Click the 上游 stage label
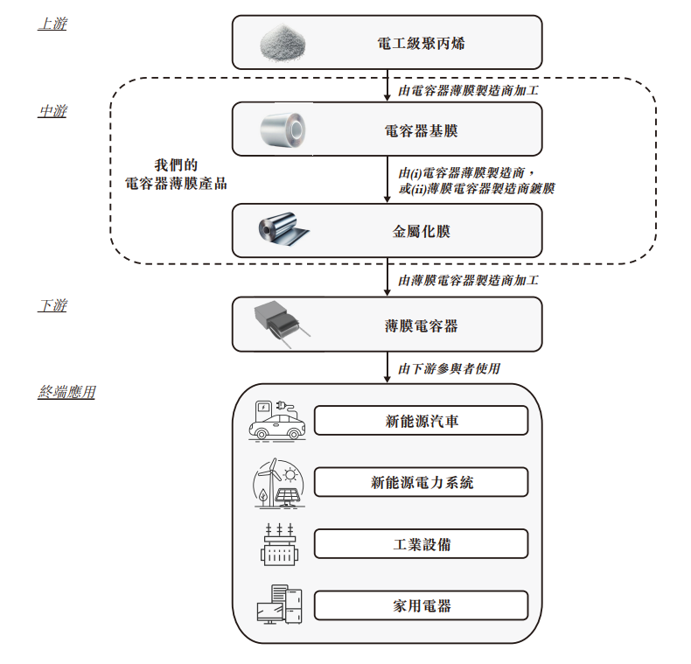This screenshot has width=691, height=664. coord(52,24)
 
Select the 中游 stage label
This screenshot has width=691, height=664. coord(52,111)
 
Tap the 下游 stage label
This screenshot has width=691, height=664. coord(52,305)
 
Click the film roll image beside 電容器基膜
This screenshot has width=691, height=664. coord(284,131)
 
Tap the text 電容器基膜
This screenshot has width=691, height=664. coord(421,131)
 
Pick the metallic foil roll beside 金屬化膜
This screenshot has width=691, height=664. coord(283,230)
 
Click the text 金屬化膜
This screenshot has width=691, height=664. coord(421,232)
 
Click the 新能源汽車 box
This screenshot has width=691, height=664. coord(421,421)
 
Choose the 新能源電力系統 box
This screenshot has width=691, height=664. coord(421,482)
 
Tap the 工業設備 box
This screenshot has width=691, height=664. coord(421,544)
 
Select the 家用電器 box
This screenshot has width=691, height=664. coord(421,605)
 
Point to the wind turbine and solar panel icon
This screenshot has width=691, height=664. coord(277,483)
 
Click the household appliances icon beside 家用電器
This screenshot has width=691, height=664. coord(278,605)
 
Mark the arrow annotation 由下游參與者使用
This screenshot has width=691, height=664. coord(449,368)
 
